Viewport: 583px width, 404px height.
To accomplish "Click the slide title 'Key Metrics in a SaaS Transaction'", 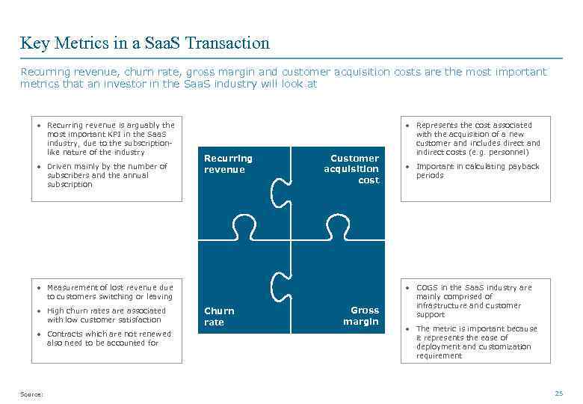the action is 144,43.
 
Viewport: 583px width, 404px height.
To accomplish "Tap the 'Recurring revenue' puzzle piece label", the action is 228,164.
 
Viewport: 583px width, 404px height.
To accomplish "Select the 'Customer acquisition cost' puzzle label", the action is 351,169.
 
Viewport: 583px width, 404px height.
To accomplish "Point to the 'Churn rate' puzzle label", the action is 219,316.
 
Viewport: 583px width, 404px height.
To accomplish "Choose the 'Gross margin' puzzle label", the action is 361,316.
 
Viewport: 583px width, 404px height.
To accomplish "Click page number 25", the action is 558,394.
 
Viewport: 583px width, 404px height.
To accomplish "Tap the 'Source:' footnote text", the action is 31,394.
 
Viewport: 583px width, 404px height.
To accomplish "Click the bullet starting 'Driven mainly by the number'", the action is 107,175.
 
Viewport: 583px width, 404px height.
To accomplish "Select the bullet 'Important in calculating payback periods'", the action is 477,171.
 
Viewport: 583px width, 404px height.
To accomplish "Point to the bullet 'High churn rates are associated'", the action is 106,315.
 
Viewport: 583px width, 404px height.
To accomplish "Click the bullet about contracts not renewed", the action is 108,338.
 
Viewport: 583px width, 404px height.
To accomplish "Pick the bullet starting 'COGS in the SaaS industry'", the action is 474,301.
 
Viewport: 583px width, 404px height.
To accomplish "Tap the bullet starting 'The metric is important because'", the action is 476,342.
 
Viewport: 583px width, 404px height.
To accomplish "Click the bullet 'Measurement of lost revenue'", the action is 109,292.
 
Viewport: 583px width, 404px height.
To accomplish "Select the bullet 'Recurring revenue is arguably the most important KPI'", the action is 110,138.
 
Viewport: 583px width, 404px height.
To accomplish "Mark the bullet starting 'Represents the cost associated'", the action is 478,138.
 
